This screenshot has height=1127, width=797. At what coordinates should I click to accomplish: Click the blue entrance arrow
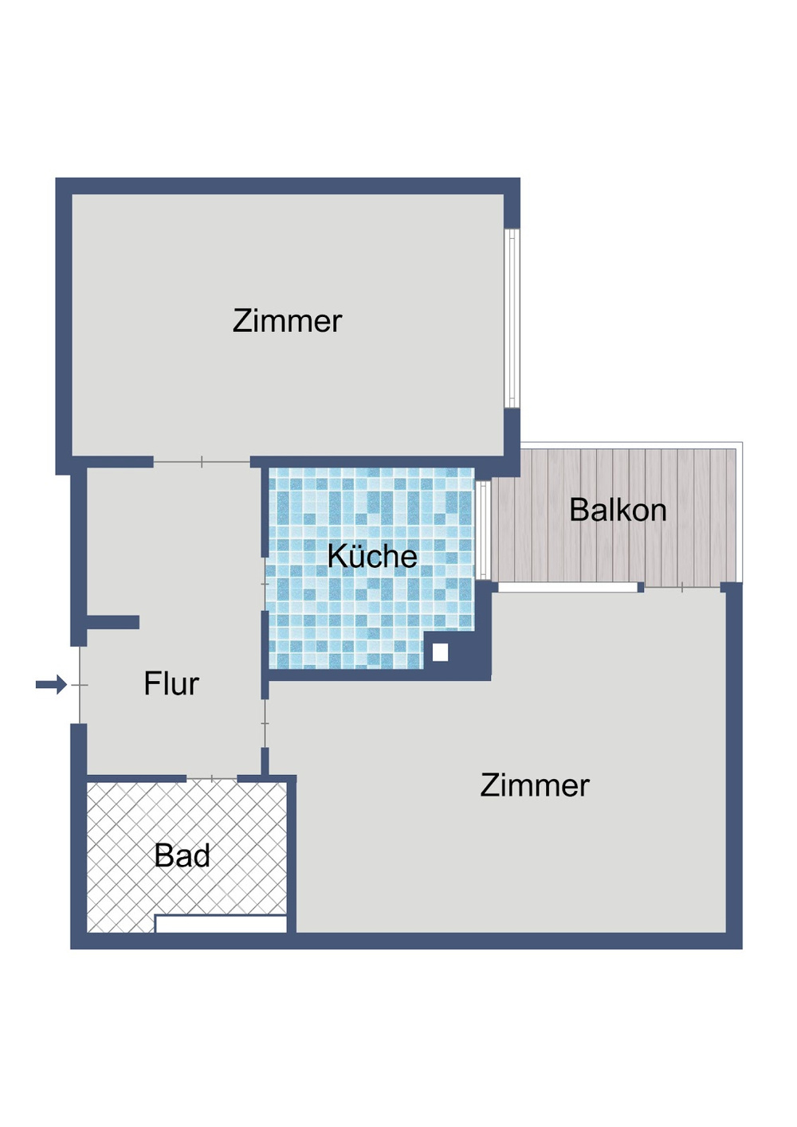pos(52,684)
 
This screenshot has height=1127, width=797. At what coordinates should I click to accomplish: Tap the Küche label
pos(372,556)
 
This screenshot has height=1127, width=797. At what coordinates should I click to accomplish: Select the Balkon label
pos(618,510)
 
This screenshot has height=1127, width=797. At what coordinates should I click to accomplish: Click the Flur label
pos(171,684)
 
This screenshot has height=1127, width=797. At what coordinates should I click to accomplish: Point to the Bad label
pos(182,856)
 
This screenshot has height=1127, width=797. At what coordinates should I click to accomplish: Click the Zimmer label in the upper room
pos(287,321)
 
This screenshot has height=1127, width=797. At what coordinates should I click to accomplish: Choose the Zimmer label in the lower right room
pos(535,785)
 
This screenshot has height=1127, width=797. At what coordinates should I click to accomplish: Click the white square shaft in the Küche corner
pos(440,653)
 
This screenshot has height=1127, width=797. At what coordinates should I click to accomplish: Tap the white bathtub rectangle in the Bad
pos(221,924)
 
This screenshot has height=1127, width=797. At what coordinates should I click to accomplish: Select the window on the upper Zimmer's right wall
pos(513,319)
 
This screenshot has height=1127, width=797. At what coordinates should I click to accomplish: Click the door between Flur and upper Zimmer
pos(202,462)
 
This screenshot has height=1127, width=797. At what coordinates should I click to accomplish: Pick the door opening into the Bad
pos(212,778)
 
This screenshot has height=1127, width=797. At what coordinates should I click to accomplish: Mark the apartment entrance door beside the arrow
pos(80,685)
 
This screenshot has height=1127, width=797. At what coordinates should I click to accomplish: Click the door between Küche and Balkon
pos(482,530)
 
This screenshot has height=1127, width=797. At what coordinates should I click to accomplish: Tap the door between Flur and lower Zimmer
pos(265,723)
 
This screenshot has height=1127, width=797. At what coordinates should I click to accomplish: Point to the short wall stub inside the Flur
pos(112,622)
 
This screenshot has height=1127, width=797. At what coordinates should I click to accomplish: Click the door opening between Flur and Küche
pos(265,584)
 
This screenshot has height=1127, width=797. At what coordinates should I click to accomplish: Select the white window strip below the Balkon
pos(567,588)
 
